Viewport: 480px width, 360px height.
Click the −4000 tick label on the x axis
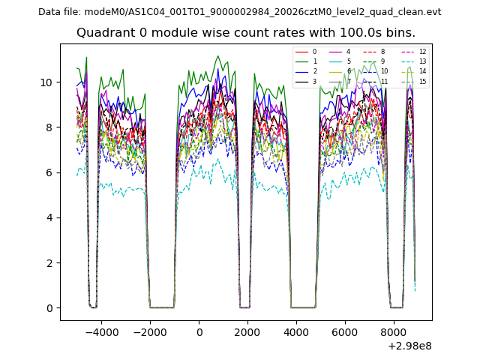point(101,330)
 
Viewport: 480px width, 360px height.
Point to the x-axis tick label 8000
point(393,330)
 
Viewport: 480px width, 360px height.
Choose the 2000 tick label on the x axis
point(247,330)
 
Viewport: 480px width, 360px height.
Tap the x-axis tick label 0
point(199,330)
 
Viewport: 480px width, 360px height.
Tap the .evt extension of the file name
point(433,12)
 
